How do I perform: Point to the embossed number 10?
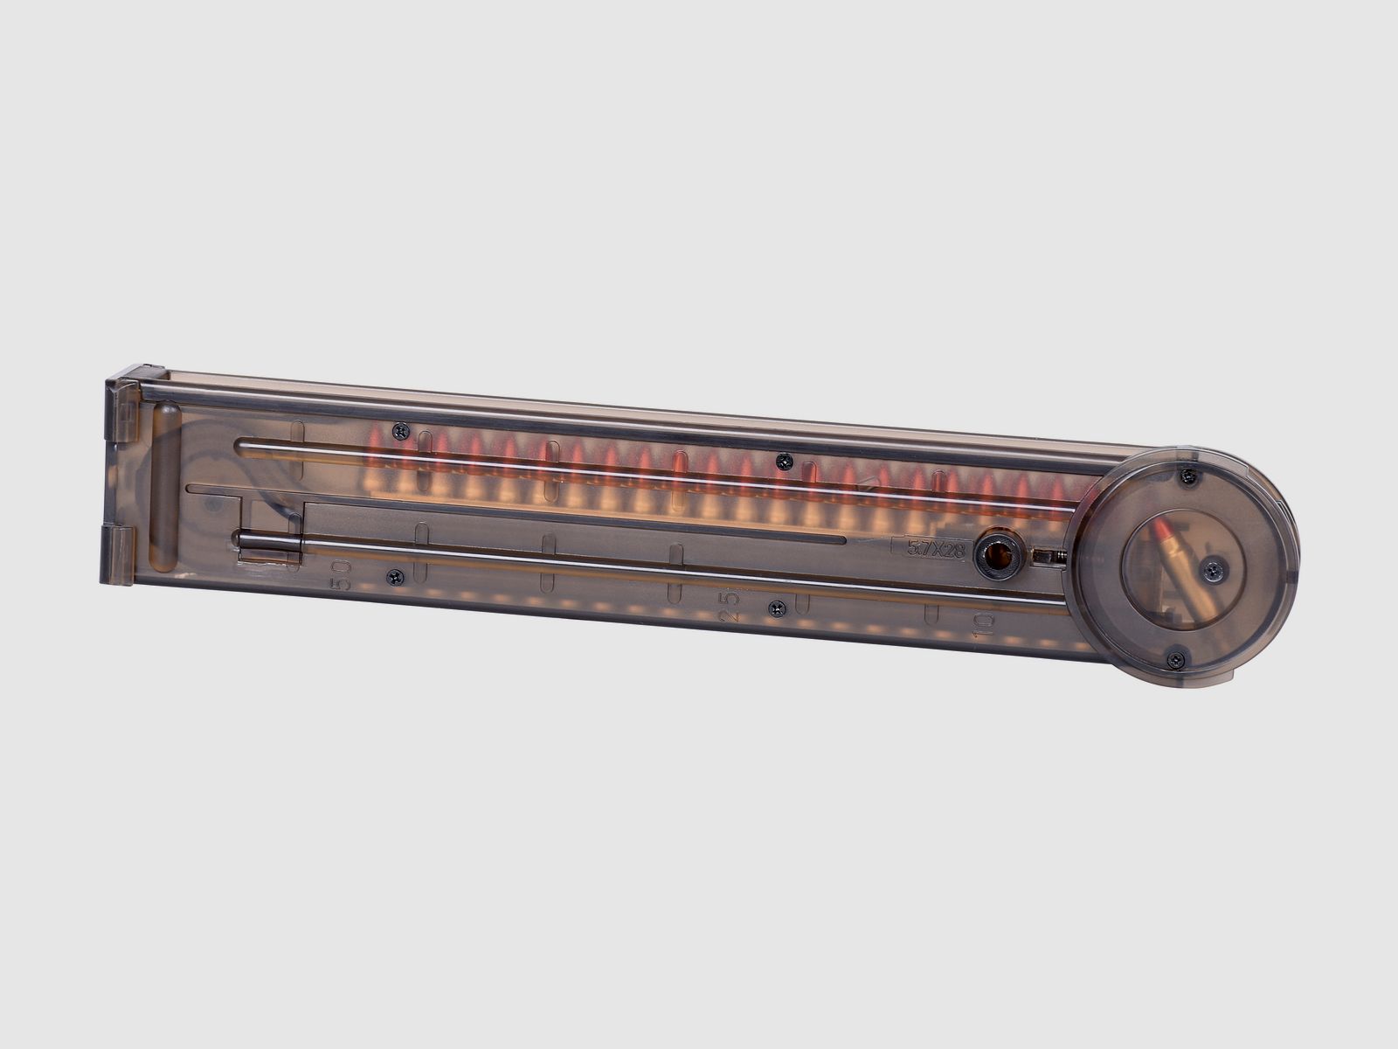pos(981,625)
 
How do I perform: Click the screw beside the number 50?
pos(396,577)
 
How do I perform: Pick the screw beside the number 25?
pos(777,608)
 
